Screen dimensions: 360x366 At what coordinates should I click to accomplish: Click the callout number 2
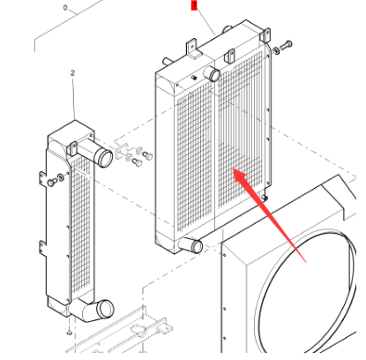pyautogui.click(x=72, y=73)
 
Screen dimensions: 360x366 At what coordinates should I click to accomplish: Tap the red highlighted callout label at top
pyautogui.click(x=194, y=5)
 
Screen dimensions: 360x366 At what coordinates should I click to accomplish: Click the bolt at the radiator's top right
pyautogui.click(x=287, y=46)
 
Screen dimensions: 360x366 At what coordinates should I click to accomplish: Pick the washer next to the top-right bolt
pyautogui.click(x=274, y=50)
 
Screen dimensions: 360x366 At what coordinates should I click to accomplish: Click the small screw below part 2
pyautogui.click(x=69, y=334)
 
